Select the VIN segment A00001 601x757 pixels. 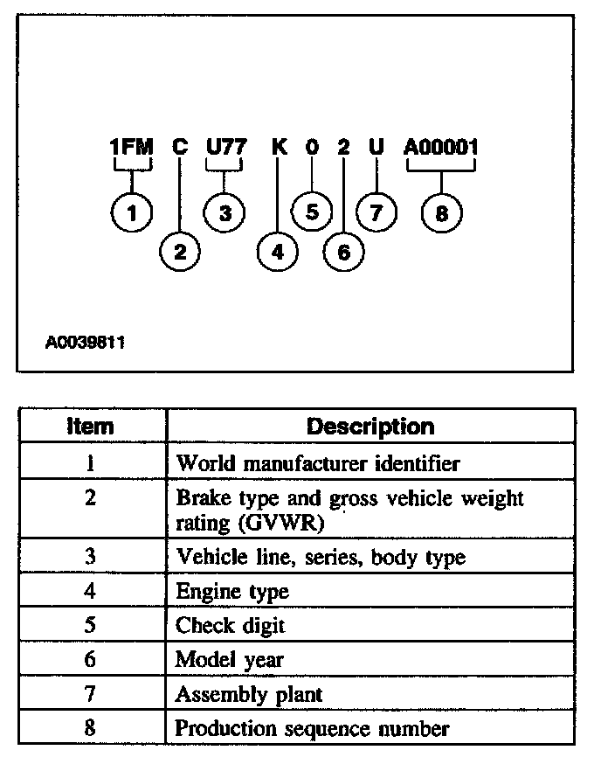(441, 148)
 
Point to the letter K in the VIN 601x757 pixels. (280, 148)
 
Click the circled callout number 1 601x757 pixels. (134, 212)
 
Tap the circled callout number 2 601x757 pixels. (180, 253)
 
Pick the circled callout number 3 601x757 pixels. (225, 212)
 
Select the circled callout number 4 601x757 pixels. (278, 253)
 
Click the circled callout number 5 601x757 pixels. (312, 212)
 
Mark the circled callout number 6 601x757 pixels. (342, 253)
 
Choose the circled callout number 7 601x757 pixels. (376, 212)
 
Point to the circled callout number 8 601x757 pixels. (442, 212)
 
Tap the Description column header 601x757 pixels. (370, 427)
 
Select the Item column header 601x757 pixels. (90, 427)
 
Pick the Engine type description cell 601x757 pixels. (232, 592)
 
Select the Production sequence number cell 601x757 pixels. (313, 727)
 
